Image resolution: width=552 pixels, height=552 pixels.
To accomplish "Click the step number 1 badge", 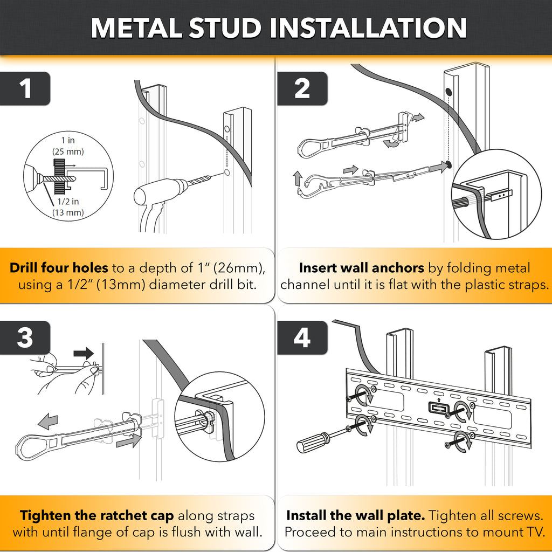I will point(25,89).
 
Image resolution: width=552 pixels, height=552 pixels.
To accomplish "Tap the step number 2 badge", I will point(302,89).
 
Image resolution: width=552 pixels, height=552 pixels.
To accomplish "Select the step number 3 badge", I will point(25,338).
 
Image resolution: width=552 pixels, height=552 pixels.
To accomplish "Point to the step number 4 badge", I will point(302,338).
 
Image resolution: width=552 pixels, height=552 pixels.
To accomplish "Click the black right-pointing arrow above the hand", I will point(84,354).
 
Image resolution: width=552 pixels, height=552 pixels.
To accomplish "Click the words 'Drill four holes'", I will point(59,268).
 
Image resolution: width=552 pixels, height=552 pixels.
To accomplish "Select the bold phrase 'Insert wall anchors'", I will point(361,268).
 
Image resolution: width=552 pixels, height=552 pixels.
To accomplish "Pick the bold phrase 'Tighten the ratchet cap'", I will point(97,516).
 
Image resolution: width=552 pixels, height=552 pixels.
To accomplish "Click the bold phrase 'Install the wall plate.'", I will point(355,516).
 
